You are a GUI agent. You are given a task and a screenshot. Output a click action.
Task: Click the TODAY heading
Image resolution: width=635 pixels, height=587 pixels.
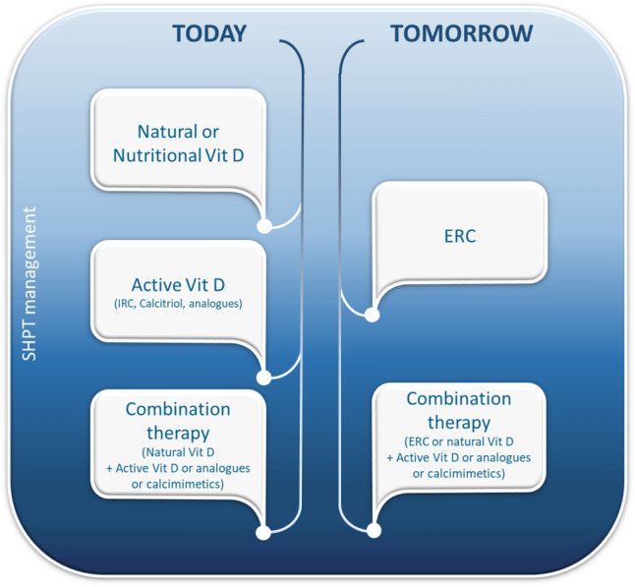pos(209,33)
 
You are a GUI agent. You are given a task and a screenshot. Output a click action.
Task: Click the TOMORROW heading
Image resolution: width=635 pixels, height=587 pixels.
pos(461,33)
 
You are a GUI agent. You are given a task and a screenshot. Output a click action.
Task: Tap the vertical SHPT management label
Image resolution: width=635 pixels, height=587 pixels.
pos(29,283)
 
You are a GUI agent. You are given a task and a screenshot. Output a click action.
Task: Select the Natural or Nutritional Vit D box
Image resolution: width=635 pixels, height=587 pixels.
pos(178,140)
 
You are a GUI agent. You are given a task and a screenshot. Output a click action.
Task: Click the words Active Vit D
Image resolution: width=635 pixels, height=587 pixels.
pos(178,285)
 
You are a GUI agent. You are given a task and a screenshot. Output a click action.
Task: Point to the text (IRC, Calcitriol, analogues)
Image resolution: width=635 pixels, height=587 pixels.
pos(178,304)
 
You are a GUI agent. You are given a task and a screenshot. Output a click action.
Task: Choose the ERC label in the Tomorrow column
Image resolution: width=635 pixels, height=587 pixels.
pos(460,236)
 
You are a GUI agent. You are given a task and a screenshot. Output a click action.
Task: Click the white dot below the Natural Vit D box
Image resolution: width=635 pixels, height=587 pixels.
pos(264,226)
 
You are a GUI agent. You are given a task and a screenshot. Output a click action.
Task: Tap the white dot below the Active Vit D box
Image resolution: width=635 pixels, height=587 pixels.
pos(263,378)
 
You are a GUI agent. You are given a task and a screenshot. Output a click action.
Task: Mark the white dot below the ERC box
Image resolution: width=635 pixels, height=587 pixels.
pos(372,315)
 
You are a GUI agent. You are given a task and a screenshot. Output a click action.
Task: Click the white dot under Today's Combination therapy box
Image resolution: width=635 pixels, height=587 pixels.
pos(263,533)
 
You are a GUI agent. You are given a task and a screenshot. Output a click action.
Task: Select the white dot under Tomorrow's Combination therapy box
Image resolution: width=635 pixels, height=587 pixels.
pos(374,530)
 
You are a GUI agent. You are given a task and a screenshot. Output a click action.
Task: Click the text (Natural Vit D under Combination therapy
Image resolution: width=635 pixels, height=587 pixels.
pos(178,452)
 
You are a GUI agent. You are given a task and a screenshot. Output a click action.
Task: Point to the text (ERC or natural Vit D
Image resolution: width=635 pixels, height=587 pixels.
pos(459,441)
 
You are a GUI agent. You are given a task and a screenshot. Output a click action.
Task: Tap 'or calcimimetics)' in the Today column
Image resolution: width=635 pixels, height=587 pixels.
pos(178,484)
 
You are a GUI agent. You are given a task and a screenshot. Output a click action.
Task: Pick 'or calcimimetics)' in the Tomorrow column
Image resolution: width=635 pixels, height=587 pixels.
pos(459,474)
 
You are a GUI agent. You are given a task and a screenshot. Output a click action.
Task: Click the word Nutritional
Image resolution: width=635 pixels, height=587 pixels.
pos(157,155)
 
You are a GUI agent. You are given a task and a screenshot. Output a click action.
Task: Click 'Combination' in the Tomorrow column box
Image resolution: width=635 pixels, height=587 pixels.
pos(459,398)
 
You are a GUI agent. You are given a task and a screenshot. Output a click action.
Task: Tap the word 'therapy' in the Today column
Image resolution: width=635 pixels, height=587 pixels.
pos(178,433)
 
